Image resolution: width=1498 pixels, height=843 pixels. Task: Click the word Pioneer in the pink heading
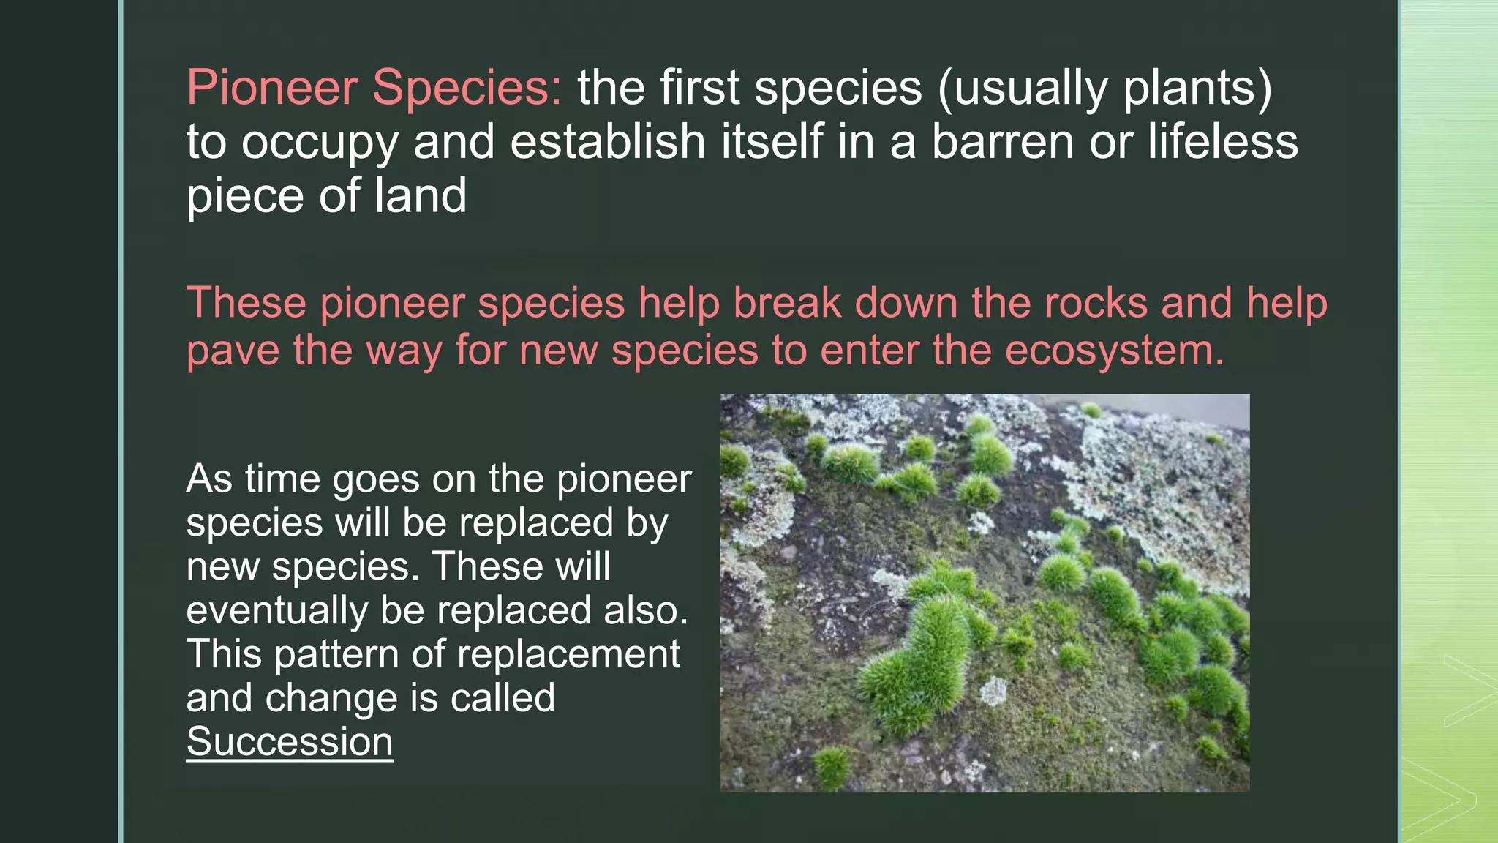pos(271,89)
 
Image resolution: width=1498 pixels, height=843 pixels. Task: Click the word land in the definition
pos(420,196)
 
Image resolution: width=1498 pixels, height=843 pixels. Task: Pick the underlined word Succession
pos(290,742)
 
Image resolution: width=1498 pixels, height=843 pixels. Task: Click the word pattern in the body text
pos(336,654)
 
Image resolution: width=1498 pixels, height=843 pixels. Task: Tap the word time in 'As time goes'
pos(282,479)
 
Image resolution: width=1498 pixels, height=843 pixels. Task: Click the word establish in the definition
pos(607,142)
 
